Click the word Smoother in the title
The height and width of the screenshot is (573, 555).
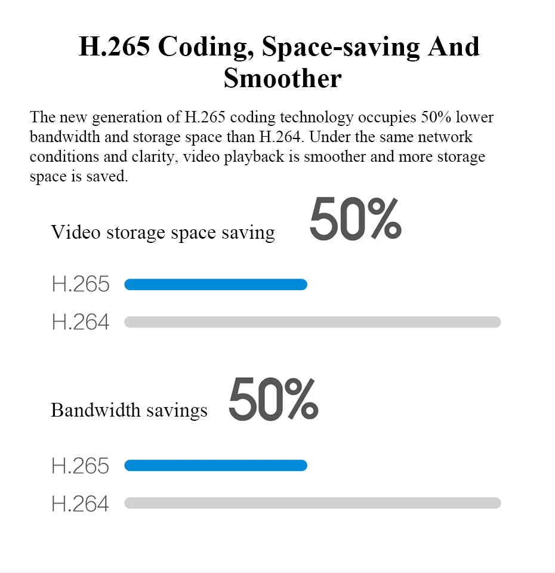(282, 78)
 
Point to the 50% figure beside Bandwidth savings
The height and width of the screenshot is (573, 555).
(273, 399)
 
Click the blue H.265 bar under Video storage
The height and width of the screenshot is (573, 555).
(215, 285)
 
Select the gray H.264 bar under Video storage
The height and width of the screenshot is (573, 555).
(312, 322)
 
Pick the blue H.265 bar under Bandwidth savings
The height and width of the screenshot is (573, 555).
(215, 466)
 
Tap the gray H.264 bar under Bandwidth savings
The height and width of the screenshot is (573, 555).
(312, 503)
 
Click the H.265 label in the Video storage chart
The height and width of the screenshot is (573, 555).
(81, 285)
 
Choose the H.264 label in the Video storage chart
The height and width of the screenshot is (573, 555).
(81, 322)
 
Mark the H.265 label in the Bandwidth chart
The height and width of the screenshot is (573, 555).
(81, 466)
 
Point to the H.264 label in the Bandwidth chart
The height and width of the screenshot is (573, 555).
(81, 504)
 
